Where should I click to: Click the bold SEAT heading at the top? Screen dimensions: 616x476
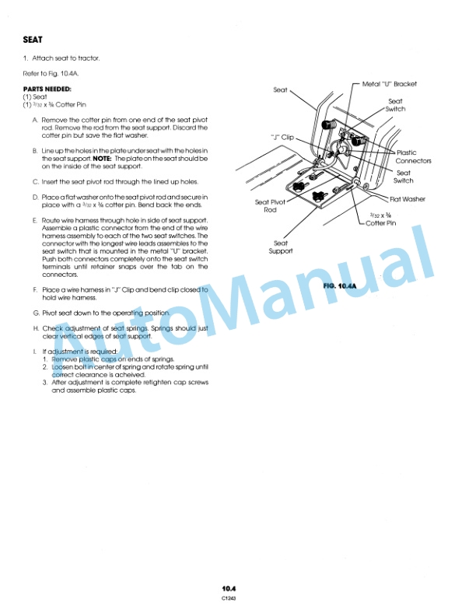pos(33,39)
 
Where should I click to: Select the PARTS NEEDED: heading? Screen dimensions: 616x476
pos(47,89)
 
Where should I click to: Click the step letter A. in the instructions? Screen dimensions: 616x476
pos(35,118)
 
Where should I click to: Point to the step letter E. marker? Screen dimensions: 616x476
pos(35,220)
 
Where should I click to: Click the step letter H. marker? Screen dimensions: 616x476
pos(35,328)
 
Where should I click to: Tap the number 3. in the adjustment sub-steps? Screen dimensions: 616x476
pos(45,383)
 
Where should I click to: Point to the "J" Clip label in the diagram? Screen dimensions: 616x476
pos(281,136)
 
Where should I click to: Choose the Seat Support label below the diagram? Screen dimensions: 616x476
pos(281,247)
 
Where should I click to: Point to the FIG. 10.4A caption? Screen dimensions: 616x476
pos(338,286)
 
